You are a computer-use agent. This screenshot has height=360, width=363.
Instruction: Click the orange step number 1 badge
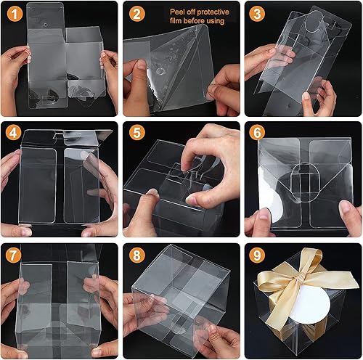coord(12,13)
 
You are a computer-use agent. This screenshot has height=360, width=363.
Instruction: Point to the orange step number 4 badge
coord(12,134)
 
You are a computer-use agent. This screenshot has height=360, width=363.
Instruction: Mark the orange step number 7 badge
coord(12,255)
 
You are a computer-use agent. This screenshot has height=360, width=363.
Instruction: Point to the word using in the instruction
coord(213,22)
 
